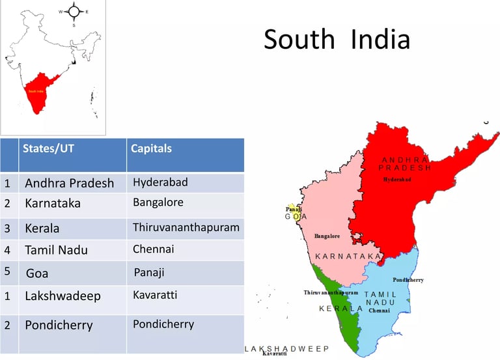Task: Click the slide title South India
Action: coord(337,40)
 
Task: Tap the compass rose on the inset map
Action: coord(74,11)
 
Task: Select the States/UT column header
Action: coord(48,148)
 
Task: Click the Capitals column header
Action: coord(151,148)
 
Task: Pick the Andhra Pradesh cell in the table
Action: coord(69,183)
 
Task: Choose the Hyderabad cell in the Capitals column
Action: coord(160,182)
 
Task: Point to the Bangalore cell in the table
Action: coord(158,202)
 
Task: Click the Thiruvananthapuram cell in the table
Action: coord(186,228)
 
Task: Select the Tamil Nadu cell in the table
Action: coord(56,250)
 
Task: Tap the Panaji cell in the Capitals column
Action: coord(149,272)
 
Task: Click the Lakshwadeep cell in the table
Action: coord(62,296)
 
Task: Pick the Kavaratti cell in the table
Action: coord(155,295)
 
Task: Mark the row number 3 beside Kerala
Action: coord(7,228)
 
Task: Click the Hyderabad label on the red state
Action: coord(397,179)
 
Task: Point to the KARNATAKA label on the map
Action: coord(348,257)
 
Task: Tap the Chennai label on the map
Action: coord(379,311)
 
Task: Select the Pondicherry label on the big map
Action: coord(408,280)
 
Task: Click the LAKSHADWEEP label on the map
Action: coord(287,349)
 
